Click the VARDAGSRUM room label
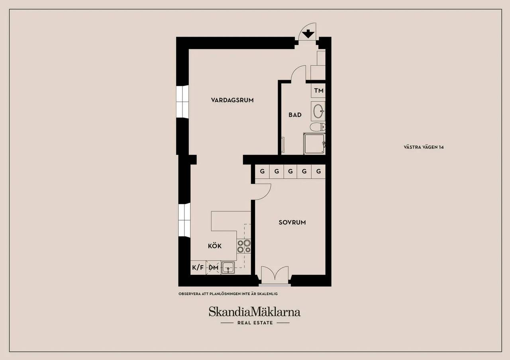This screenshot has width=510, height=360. pyautogui.click(x=232, y=100)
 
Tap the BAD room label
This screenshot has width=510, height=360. pyautogui.click(x=295, y=115)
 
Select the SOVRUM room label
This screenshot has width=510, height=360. pyautogui.click(x=292, y=222)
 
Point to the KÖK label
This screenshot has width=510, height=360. pyautogui.click(x=215, y=246)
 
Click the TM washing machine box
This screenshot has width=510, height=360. pyautogui.click(x=318, y=90)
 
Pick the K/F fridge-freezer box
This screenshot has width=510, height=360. pyautogui.click(x=198, y=267)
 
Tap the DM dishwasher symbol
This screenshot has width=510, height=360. pyautogui.click(x=213, y=268)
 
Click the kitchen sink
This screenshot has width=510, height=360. pyautogui.click(x=228, y=268)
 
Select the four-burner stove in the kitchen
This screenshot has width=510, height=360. pyautogui.click(x=244, y=246)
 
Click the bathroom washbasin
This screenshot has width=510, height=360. pyautogui.click(x=318, y=111)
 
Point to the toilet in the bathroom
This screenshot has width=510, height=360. pyautogui.click(x=318, y=127)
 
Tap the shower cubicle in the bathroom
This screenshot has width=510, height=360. pyautogui.click(x=314, y=144)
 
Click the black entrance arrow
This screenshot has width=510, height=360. pyautogui.click(x=308, y=34)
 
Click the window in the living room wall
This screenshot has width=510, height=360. pyautogui.click(x=182, y=102)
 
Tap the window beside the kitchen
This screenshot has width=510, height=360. pyautogui.click(x=184, y=220)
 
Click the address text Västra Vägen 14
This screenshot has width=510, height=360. pyautogui.click(x=424, y=147)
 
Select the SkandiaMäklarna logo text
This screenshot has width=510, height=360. pyautogui.click(x=255, y=312)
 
